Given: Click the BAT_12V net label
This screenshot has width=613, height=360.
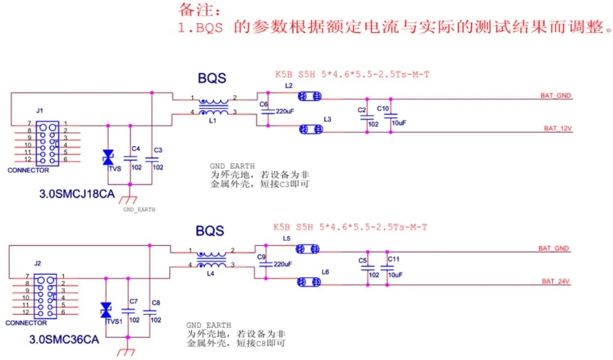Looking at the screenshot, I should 557,129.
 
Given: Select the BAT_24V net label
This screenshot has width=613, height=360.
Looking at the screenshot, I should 556,281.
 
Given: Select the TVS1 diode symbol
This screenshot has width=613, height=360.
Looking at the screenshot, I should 106,310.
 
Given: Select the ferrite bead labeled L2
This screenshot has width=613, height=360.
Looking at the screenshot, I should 310,97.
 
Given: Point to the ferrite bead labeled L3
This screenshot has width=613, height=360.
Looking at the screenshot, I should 310,129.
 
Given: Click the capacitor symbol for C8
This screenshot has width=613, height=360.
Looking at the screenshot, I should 150,312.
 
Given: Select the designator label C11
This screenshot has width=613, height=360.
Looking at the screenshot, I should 393,259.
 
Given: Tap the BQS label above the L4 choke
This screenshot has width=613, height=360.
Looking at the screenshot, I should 210,231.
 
